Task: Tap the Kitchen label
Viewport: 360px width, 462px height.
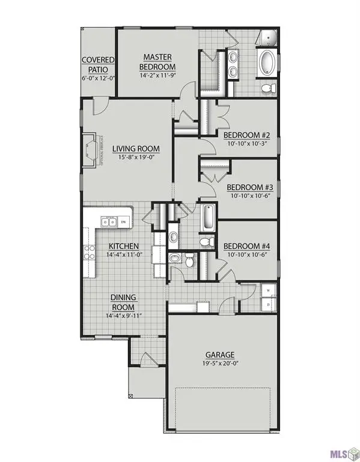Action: pyautogui.click(x=124, y=246)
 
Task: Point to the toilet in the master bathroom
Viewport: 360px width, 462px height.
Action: pyautogui.click(x=269, y=88)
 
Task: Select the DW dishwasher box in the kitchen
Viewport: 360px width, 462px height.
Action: pyautogui.click(x=123, y=223)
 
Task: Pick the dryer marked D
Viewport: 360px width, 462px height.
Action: pyautogui.click(x=269, y=304)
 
